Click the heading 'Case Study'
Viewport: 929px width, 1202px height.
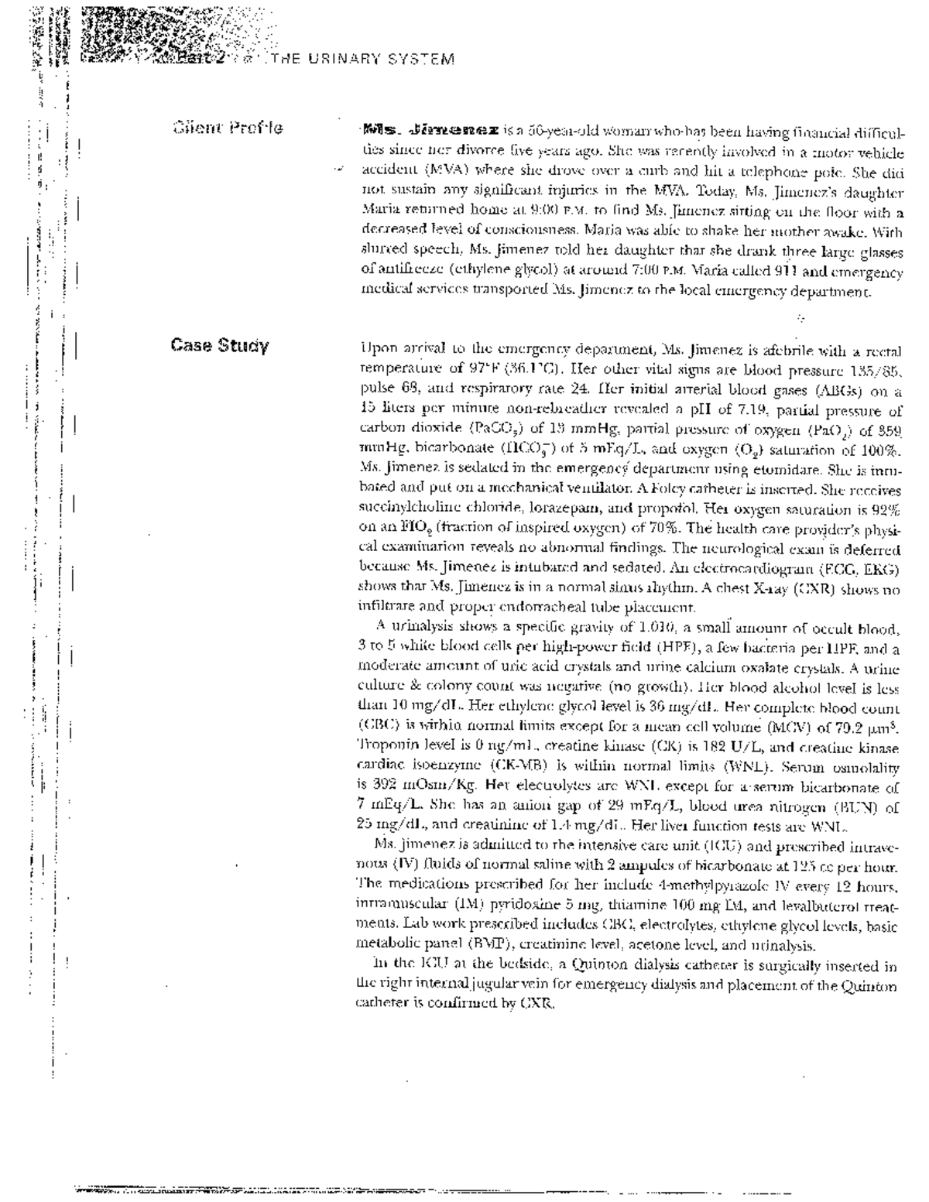click(x=220, y=345)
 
